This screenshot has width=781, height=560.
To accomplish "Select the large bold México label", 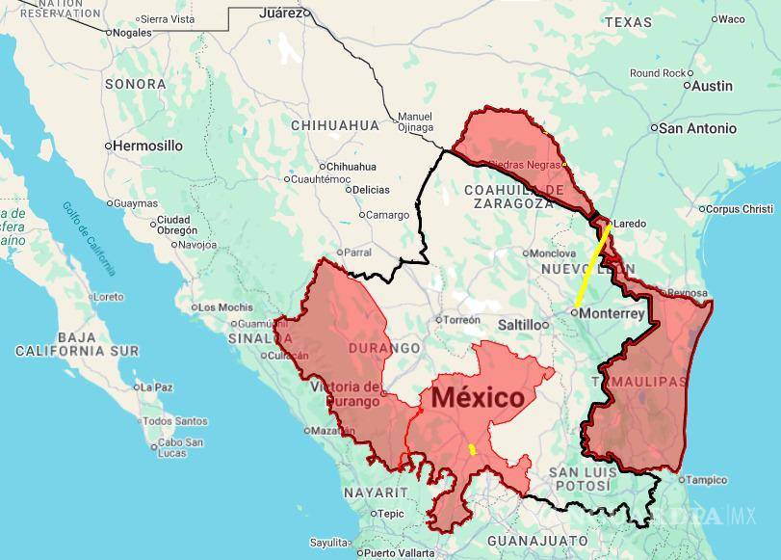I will [478, 397].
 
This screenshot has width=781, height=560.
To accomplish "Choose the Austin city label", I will [713, 86].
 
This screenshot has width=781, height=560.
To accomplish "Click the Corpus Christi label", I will [739, 209].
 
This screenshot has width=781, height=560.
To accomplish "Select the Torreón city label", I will [462, 319].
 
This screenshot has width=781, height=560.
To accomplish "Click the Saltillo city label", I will [519, 325].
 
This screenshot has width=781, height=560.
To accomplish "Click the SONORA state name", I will [135, 84].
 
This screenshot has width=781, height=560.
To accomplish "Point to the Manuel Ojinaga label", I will [415, 121].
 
